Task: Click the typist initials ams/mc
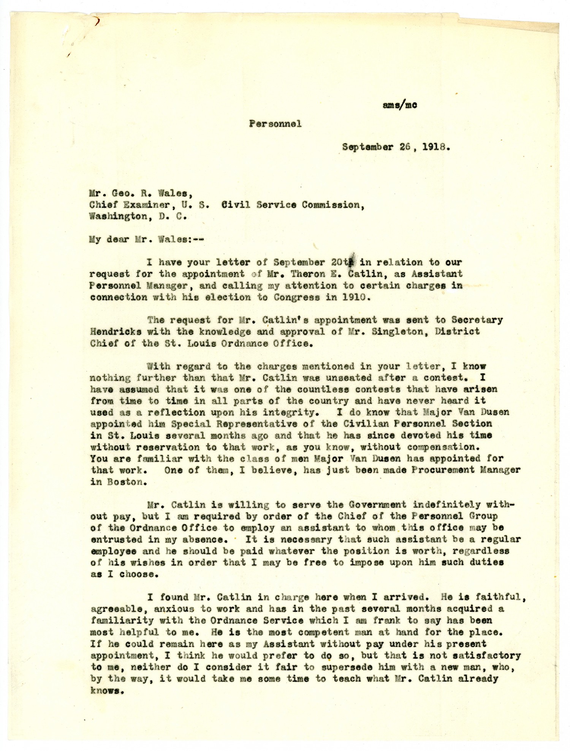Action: [400, 105]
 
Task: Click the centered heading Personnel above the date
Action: [275, 123]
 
